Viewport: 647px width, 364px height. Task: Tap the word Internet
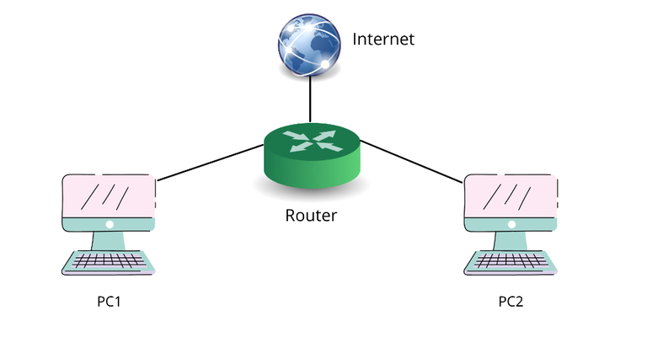point(383,39)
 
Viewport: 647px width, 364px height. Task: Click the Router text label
point(311,216)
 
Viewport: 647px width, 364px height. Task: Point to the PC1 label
point(110,301)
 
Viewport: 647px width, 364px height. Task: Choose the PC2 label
point(511,301)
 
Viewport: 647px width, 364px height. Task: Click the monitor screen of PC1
point(109,196)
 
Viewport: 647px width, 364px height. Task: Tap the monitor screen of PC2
point(511,196)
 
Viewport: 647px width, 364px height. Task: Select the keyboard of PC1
point(109,262)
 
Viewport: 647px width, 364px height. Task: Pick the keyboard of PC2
point(511,262)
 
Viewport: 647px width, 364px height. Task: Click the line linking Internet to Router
point(310,101)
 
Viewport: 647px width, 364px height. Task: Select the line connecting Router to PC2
point(413,160)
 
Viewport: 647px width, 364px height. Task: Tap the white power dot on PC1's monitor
point(109,225)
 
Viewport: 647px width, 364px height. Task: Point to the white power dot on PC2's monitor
point(511,225)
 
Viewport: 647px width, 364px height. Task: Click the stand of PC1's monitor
point(109,241)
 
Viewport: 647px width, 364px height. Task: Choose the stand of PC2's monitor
point(511,241)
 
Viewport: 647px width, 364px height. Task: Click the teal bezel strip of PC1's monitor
point(84,225)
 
